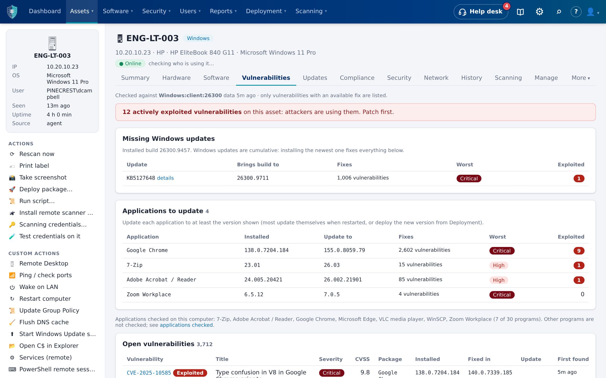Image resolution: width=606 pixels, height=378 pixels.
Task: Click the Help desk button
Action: (x=481, y=11)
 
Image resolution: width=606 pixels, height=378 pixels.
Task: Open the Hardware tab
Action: (x=176, y=78)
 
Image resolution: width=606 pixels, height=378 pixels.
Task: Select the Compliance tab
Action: (x=357, y=78)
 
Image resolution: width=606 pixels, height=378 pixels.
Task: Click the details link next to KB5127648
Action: (x=165, y=178)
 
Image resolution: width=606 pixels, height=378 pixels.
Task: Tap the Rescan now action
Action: (x=37, y=154)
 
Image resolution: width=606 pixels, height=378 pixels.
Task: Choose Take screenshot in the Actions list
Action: (x=43, y=178)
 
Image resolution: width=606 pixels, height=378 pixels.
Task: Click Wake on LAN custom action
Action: (x=39, y=287)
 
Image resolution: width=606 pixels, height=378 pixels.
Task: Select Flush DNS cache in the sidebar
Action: (x=44, y=322)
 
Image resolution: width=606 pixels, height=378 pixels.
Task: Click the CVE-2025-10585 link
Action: (x=149, y=373)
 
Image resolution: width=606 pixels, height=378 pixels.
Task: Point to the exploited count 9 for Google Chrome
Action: (x=579, y=251)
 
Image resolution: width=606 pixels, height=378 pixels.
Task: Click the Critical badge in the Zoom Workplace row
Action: (x=502, y=295)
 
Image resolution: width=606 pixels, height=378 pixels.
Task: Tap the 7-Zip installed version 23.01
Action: (x=252, y=265)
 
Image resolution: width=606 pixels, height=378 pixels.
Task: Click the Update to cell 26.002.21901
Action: (x=343, y=280)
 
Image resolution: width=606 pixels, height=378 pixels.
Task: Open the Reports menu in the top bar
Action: (x=223, y=11)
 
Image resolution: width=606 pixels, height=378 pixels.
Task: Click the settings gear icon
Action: (x=539, y=11)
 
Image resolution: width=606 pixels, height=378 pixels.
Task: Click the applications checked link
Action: (x=186, y=325)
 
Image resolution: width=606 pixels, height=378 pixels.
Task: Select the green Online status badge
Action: (x=130, y=64)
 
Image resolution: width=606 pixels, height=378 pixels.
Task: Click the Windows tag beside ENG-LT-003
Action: (x=198, y=38)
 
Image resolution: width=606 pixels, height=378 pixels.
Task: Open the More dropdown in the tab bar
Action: (x=581, y=78)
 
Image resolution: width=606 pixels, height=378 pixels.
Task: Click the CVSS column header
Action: (x=362, y=359)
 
